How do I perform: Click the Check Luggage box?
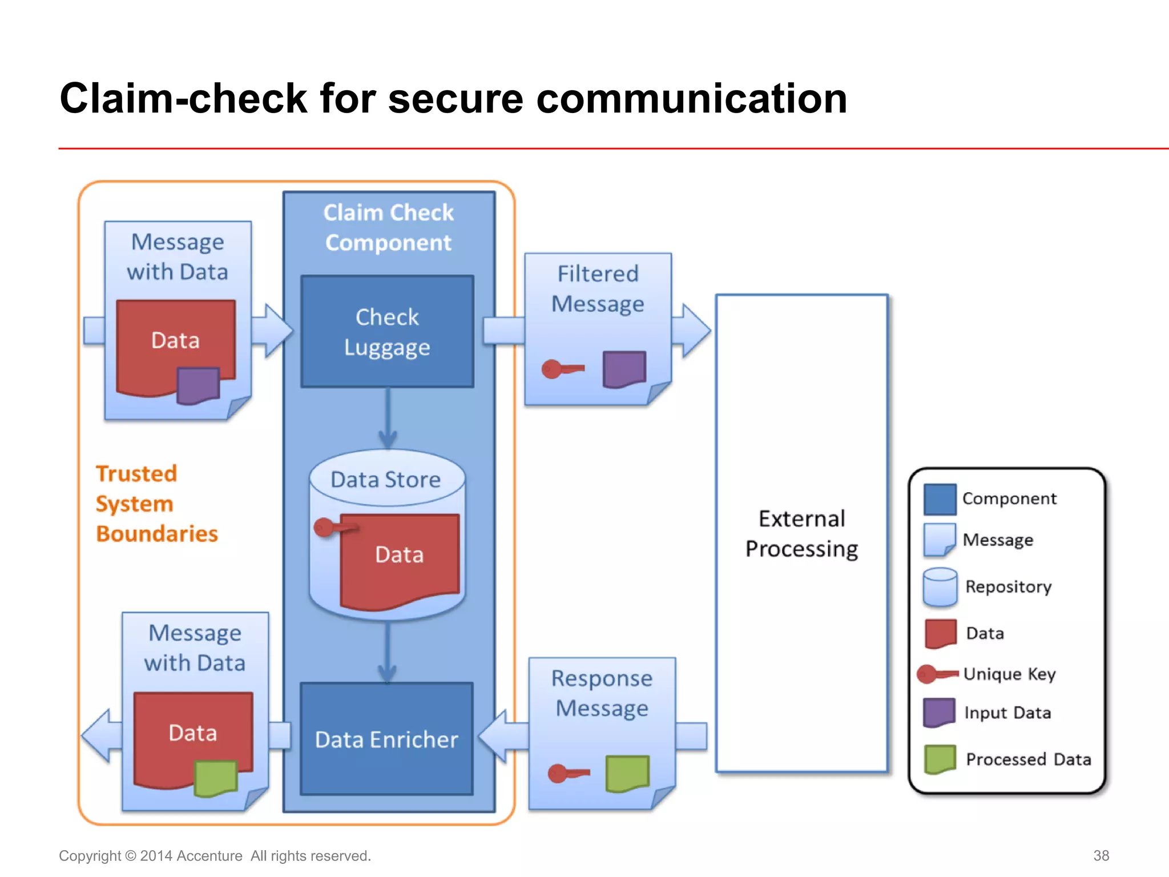pos(387,332)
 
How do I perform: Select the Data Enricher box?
pos(386,739)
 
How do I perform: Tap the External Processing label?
pos(801,533)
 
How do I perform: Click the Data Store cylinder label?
pos(386,480)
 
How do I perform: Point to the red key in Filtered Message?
pos(562,369)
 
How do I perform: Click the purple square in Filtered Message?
pos(624,369)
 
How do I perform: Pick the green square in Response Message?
pos(627,774)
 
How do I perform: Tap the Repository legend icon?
pos(940,586)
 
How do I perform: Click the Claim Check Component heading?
pos(388,227)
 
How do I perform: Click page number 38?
pos(1101,855)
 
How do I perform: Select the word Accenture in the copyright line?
pos(209,856)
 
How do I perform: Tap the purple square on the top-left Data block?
pos(198,385)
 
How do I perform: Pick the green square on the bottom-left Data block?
pos(215,778)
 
